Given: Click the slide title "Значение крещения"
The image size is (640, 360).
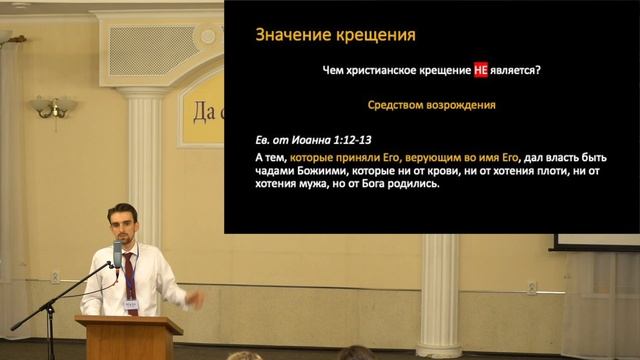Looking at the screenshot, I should tap(322, 36).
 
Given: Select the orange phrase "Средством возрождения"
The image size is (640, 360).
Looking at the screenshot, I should tap(432, 104).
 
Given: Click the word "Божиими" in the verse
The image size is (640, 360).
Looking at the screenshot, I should tap(328, 172).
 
